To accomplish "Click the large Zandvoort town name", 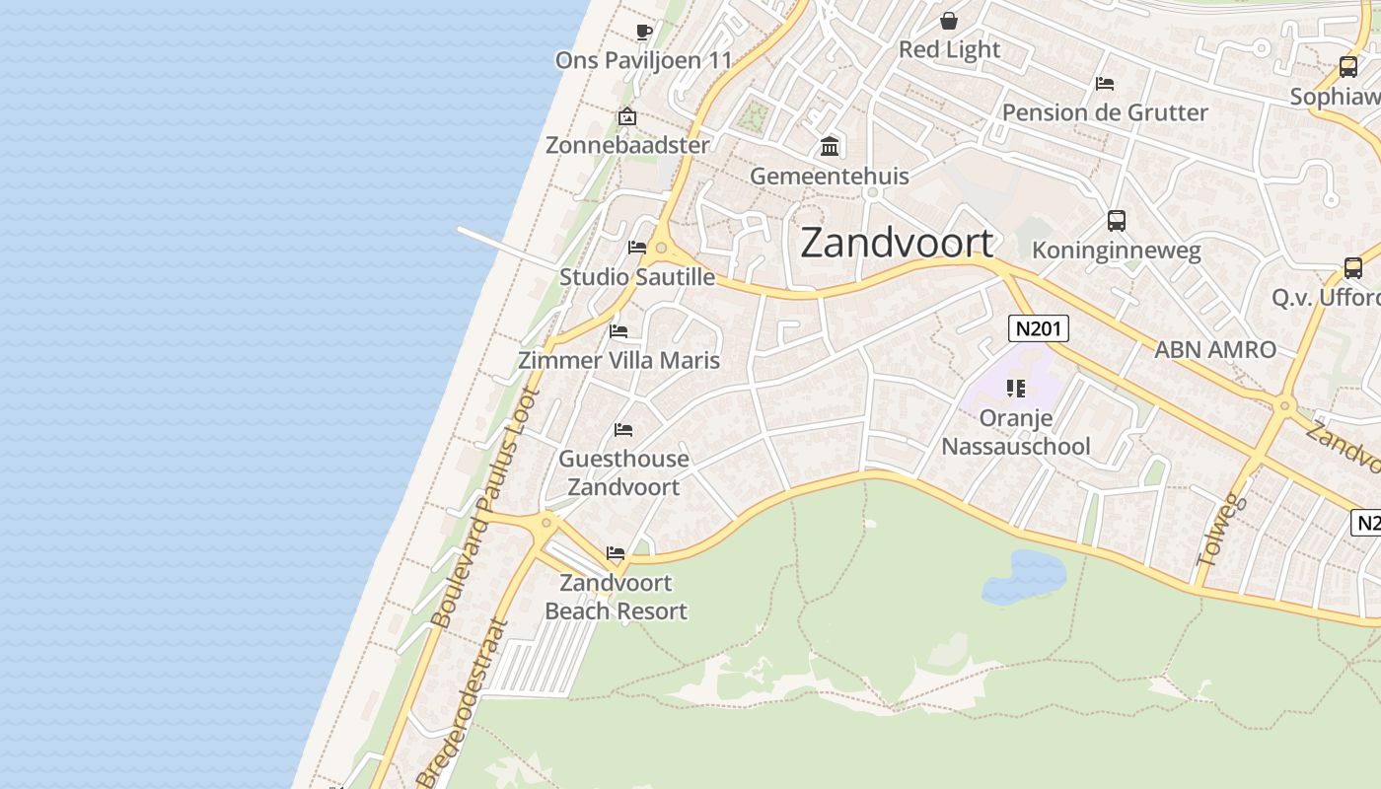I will pos(897,243).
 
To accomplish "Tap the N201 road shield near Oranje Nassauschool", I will pos(1038,328).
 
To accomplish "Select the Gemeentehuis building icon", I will pos(830,147).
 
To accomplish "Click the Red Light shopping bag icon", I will pos(948,21).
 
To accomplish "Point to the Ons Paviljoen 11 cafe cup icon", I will pos(644,32).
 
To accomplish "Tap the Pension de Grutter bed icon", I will pos(1105,84).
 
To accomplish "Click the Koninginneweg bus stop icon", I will pos(1116,221).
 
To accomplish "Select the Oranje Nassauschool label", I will pos(1016,432).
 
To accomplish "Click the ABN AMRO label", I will pos(1215,349).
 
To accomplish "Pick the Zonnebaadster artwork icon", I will pos(626,116).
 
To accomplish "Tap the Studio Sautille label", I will pos(637,277).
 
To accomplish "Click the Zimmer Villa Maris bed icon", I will pos(618,330).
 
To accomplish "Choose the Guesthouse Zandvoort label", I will pos(623,472).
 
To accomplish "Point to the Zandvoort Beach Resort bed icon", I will pos(616,553).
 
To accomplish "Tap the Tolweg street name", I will pos(1221,531).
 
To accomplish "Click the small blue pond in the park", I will pos(1025,576).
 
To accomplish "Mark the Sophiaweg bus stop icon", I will pos(1347,67).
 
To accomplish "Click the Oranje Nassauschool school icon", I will pos(1016,389).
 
